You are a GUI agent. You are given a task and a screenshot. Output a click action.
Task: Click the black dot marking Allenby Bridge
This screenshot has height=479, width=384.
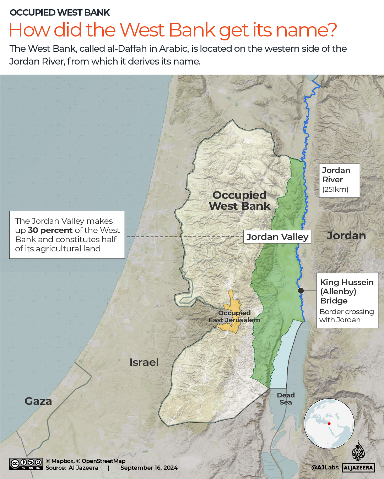click(x=301, y=290)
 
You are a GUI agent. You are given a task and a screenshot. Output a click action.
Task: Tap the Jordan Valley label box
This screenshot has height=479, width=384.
click(x=277, y=237)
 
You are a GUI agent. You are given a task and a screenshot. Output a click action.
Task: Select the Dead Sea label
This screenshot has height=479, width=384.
click(x=286, y=399)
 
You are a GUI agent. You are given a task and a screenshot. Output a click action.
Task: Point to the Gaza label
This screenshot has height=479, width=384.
click(x=38, y=401)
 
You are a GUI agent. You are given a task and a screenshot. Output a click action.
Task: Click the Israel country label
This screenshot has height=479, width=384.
click(x=144, y=362)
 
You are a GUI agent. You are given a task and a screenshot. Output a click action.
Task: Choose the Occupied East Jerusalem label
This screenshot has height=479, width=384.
click(x=234, y=317)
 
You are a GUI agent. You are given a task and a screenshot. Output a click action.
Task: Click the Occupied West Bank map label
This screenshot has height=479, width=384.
click(x=239, y=201)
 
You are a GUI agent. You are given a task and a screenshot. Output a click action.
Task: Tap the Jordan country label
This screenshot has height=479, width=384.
click(x=346, y=235)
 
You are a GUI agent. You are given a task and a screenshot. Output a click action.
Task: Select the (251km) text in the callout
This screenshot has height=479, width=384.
click(x=335, y=189)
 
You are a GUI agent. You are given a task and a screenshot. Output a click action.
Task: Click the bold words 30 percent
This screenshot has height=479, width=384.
click(x=50, y=230)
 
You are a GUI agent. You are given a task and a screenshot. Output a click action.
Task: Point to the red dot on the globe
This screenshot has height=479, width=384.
click(x=329, y=424)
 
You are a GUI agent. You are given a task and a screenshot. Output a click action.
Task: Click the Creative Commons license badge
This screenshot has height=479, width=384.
click(x=26, y=464)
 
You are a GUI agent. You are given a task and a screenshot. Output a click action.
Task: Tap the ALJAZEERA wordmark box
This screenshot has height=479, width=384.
click(x=358, y=468)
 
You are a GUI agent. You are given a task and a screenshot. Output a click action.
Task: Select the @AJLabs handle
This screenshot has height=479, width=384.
click(x=325, y=467)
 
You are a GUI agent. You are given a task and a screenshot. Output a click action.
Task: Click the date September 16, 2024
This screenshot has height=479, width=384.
click(x=149, y=468)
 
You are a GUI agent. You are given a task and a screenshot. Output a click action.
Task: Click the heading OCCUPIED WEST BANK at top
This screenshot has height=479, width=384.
click(x=60, y=13)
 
